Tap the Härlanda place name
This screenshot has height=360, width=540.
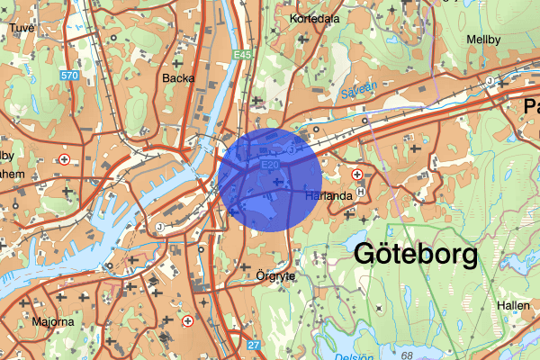327,195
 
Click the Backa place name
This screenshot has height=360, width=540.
175,78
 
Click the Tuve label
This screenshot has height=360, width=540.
21,28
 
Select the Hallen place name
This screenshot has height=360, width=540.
512,306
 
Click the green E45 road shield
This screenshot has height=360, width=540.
240,55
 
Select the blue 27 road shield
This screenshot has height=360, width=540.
253,345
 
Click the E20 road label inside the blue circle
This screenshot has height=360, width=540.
269,166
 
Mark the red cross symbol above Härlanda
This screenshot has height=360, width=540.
357,174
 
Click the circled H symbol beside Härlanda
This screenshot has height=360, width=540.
361,192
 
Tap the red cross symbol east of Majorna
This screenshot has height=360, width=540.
188,320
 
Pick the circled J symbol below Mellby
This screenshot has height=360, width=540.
490,82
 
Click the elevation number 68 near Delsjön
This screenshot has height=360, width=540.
407,356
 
